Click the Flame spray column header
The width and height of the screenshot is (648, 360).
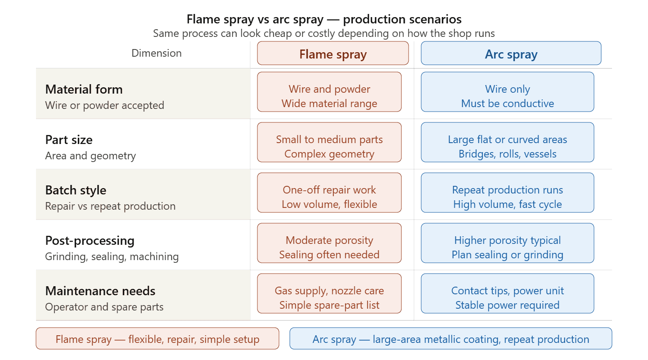click(x=333, y=53)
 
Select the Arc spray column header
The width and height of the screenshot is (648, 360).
click(x=511, y=53)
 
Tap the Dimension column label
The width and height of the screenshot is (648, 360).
click(x=157, y=53)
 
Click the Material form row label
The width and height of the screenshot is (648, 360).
click(x=84, y=90)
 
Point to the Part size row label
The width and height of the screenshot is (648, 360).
click(x=69, y=140)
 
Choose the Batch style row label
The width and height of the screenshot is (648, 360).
click(x=76, y=190)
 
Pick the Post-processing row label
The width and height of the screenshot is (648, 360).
click(x=90, y=241)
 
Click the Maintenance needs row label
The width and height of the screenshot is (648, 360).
click(x=100, y=291)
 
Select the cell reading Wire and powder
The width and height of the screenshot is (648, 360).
click(x=329, y=92)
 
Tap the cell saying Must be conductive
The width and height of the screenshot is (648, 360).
click(x=508, y=92)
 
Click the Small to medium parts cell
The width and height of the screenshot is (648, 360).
click(x=329, y=142)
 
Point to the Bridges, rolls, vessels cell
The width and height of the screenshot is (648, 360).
click(x=508, y=142)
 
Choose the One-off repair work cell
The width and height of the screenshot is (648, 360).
click(x=329, y=193)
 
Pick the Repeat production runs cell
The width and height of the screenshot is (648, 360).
click(x=508, y=193)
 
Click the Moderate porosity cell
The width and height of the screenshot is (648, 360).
click(x=329, y=243)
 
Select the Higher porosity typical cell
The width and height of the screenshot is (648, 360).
click(x=508, y=243)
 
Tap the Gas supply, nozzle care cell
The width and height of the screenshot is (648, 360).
click(x=329, y=293)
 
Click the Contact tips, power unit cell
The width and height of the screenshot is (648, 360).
click(x=508, y=293)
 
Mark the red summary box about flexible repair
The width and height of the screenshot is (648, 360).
click(x=157, y=338)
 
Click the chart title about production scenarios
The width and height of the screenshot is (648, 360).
click(x=324, y=19)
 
